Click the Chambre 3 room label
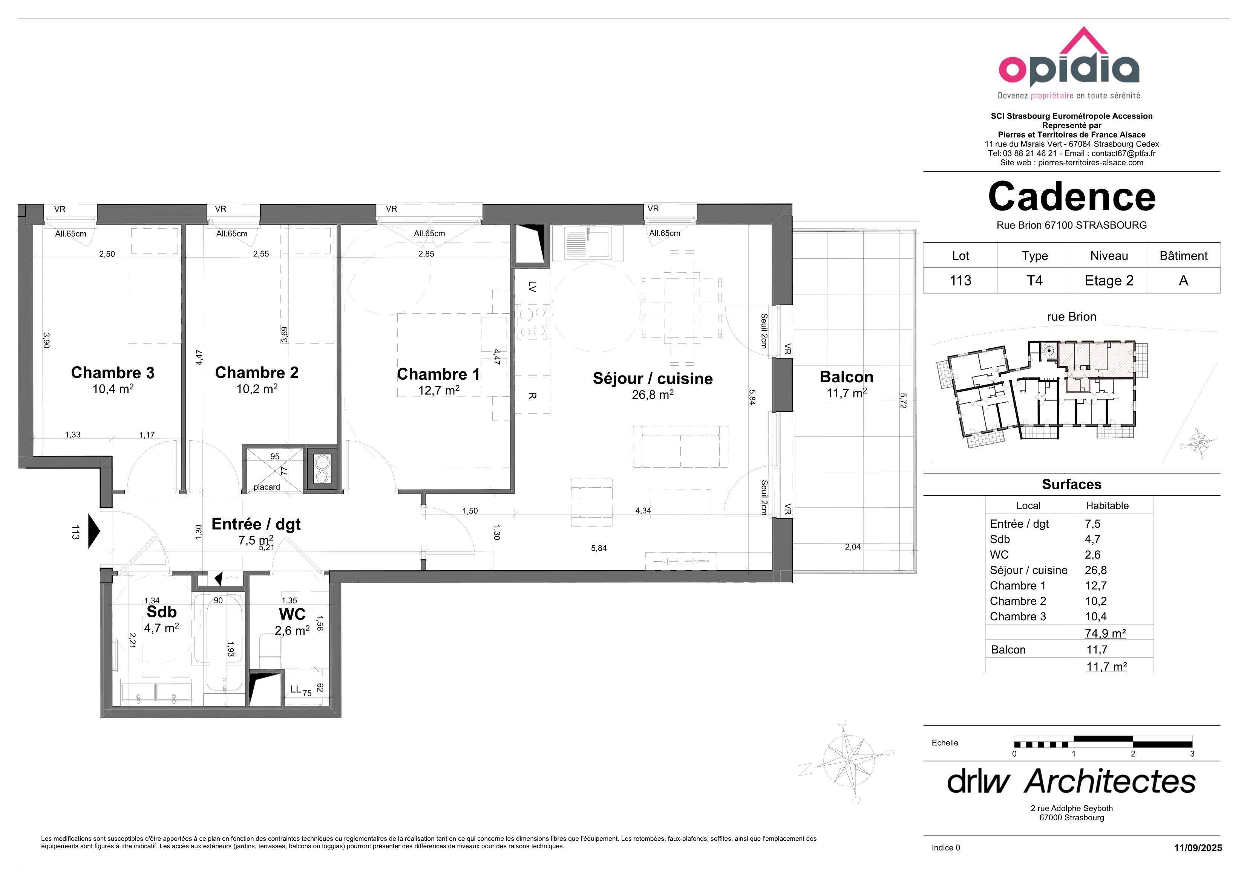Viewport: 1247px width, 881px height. pos(113,373)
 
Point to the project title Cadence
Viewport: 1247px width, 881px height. pos(1072,197)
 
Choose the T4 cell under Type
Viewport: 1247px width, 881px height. pos(1035,281)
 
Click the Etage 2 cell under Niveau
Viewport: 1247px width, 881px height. pos(1109,281)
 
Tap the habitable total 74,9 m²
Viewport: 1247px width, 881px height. pos(1105,634)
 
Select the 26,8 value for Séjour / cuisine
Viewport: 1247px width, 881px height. pos(1095,570)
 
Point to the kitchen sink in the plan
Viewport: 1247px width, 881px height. pos(588,243)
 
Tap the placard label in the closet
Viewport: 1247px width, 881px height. pos(267,487)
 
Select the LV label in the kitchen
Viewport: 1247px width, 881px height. pos(532,287)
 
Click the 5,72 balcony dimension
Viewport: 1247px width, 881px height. pos(903,401)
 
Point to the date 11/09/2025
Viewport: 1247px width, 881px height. pos(1198,848)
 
